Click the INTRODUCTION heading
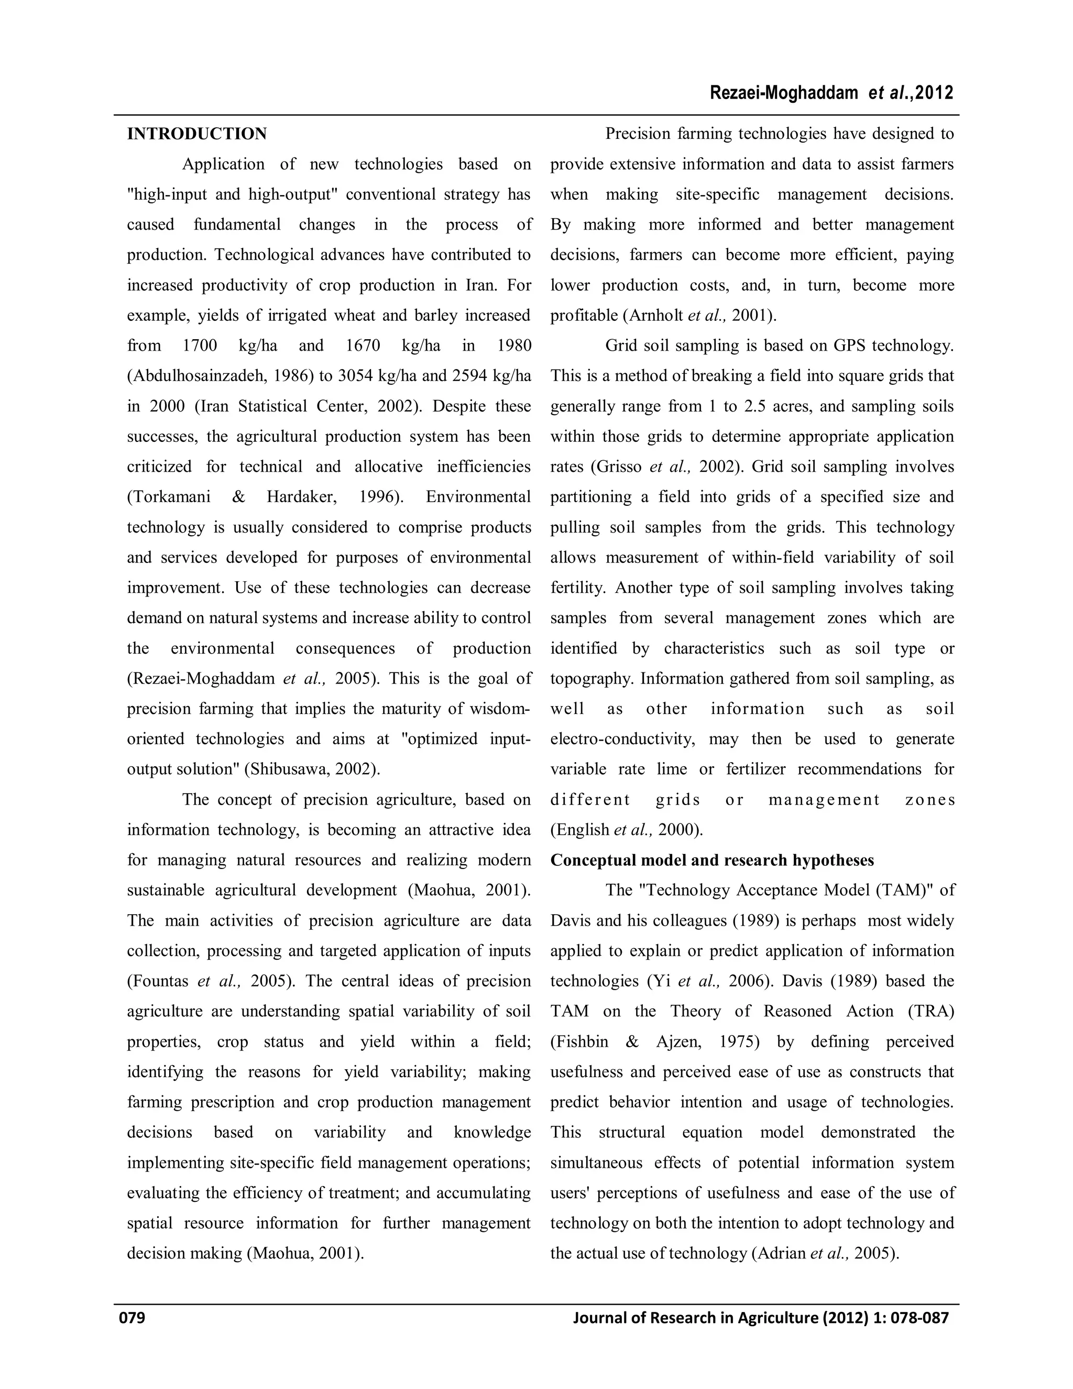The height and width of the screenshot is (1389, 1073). point(196,134)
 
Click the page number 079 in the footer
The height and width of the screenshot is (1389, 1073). point(132,1317)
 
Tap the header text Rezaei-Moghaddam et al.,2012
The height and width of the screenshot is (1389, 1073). point(831,93)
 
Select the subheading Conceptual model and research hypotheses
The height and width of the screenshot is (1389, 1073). point(711,860)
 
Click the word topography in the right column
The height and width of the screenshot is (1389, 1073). point(590,679)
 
